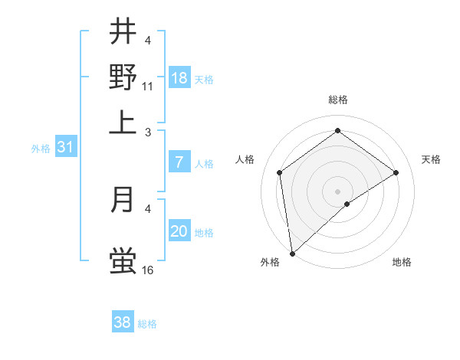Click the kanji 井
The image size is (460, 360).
[123, 32]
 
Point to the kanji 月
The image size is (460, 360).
[123, 200]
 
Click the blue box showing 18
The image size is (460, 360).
[179, 78]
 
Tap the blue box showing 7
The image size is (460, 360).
[179, 162]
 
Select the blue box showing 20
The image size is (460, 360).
[179, 231]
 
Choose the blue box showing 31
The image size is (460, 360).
[65, 148]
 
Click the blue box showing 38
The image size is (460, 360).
[123, 322]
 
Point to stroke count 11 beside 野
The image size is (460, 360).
[148, 86]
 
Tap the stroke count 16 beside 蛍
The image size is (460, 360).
[148, 270]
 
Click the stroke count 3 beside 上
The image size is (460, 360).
[148, 132]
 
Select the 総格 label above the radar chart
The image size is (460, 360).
[337, 100]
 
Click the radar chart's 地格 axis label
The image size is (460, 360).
[402, 263]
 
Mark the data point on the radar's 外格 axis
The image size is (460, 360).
[291, 254]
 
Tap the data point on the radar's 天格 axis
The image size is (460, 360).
[396, 172]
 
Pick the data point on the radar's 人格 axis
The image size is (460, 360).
[280, 172]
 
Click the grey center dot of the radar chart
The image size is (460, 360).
[338, 191]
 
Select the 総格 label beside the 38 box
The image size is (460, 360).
[147, 324]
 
